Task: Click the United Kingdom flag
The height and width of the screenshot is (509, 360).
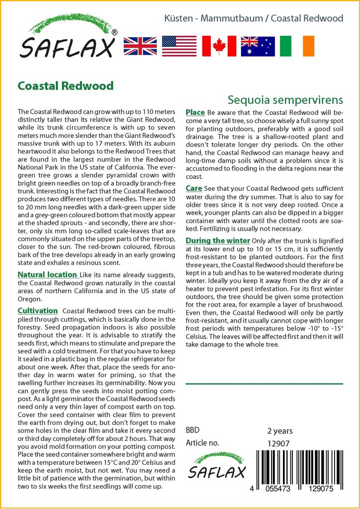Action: [140, 46]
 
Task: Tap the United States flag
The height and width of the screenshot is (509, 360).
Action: [179, 46]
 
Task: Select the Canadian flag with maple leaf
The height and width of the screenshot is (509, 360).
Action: [219, 46]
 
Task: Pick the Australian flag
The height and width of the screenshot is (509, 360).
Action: [258, 46]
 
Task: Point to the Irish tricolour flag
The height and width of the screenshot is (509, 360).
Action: [297, 46]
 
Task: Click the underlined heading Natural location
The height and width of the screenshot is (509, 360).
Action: [47, 274]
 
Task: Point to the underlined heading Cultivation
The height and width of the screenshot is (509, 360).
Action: [38, 311]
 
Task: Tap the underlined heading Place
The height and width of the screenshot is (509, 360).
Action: [195, 112]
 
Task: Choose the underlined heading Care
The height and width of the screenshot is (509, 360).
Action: [193, 188]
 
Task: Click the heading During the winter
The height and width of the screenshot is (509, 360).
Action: [217, 241]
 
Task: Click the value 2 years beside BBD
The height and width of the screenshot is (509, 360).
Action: [280, 430]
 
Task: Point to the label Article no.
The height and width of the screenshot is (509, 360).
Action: [202, 443]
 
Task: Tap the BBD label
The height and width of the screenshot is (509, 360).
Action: [192, 430]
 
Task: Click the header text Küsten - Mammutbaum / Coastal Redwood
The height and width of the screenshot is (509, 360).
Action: [254, 18]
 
